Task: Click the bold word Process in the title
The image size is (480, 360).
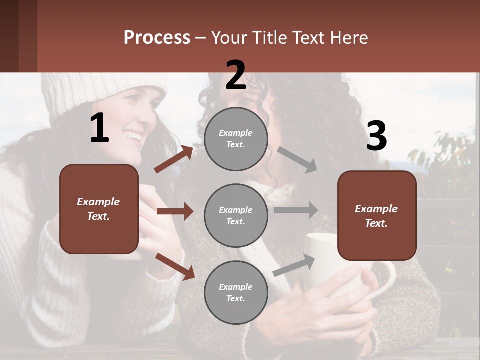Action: pyautogui.click(x=157, y=38)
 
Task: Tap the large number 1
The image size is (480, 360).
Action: pyautogui.click(x=99, y=129)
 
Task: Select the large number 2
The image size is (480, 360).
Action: pyautogui.click(x=236, y=75)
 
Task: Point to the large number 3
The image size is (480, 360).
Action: pyautogui.click(x=376, y=136)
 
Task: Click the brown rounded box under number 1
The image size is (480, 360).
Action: pyautogui.click(x=99, y=209)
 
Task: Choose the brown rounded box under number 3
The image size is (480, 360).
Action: pyautogui.click(x=377, y=215)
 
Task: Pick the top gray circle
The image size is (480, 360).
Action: pyautogui.click(x=236, y=139)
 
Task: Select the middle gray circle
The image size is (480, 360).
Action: pyautogui.click(x=236, y=215)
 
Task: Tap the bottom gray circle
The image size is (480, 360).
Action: pyautogui.click(x=236, y=292)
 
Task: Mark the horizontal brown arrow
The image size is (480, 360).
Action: pyautogui.click(x=175, y=211)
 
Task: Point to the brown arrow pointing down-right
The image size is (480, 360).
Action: pyautogui.click(x=175, y=266)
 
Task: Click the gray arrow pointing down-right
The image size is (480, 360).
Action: pyautogui.click(x=297, y=160)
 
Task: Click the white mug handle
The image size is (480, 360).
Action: pyautogui.click(x=387, y=280)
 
